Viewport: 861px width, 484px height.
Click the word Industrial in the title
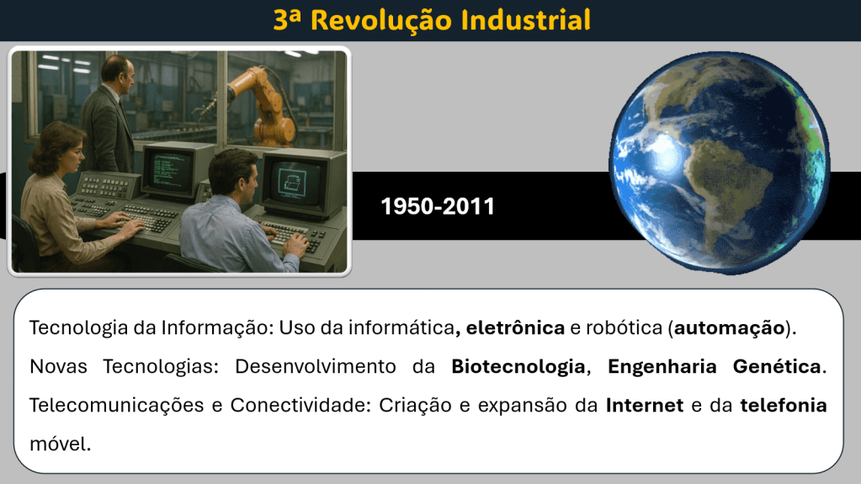[525, 19]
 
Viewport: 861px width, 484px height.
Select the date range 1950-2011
[438, 206]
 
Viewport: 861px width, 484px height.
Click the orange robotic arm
[263, 104]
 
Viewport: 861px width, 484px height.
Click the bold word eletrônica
[515, 328]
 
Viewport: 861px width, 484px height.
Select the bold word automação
[729, 328]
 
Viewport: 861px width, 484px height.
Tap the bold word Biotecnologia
[518, 366]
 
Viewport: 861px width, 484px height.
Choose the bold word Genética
[777, 366]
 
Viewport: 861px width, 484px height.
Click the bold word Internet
[645, 406]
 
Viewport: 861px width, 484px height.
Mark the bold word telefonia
[784, 406]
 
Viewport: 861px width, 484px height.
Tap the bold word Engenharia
[662, 366]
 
